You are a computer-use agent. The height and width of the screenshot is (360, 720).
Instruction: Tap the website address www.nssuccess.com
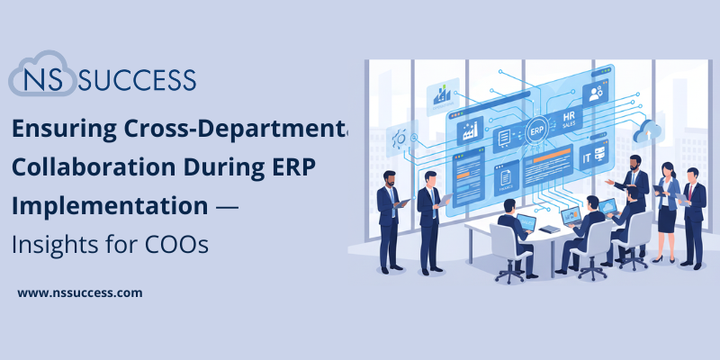(80, 292)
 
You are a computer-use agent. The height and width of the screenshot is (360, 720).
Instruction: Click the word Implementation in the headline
(109, 206)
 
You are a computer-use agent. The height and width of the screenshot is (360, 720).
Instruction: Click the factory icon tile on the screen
(469, 131)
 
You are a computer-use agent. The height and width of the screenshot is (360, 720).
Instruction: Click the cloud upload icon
(644, 134)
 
